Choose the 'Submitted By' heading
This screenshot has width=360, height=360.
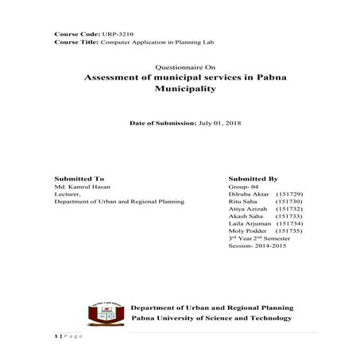pos(252,179)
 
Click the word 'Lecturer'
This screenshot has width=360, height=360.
pos(67,196)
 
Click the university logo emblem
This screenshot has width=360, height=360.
pos(102,312)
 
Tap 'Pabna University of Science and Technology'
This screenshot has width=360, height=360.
pos(211,318)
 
